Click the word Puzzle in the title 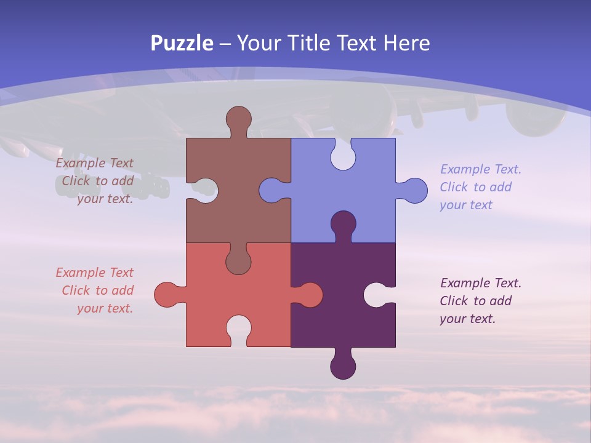pyautogui.click(x=182, y=43)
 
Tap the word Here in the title pyautogui.click(x=406, y=43)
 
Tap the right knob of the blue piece pyautogui.click(x=414, y=191)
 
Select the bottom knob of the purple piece pyautogui.click(x=343, y=365)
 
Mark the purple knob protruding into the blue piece pyautogui.click(x=343, y=224)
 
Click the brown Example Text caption pyautogui.click(x=96, y=181)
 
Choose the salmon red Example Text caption pyautogui.click(x=96, y=290)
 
